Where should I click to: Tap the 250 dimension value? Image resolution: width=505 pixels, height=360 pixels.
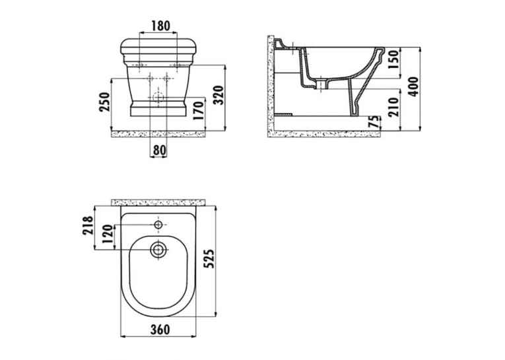pos(105,102)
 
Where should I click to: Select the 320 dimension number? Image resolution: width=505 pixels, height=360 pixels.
pos(219,95)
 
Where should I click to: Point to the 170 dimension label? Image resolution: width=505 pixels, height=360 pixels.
pos(199,110)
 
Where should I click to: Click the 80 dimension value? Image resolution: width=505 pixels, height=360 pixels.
pos(158,150)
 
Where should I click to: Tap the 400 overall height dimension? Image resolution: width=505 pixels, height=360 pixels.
pos(413,87)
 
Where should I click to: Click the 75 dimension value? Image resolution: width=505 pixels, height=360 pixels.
pos(374,123)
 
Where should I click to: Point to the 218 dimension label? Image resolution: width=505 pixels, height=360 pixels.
pos(88,225)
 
